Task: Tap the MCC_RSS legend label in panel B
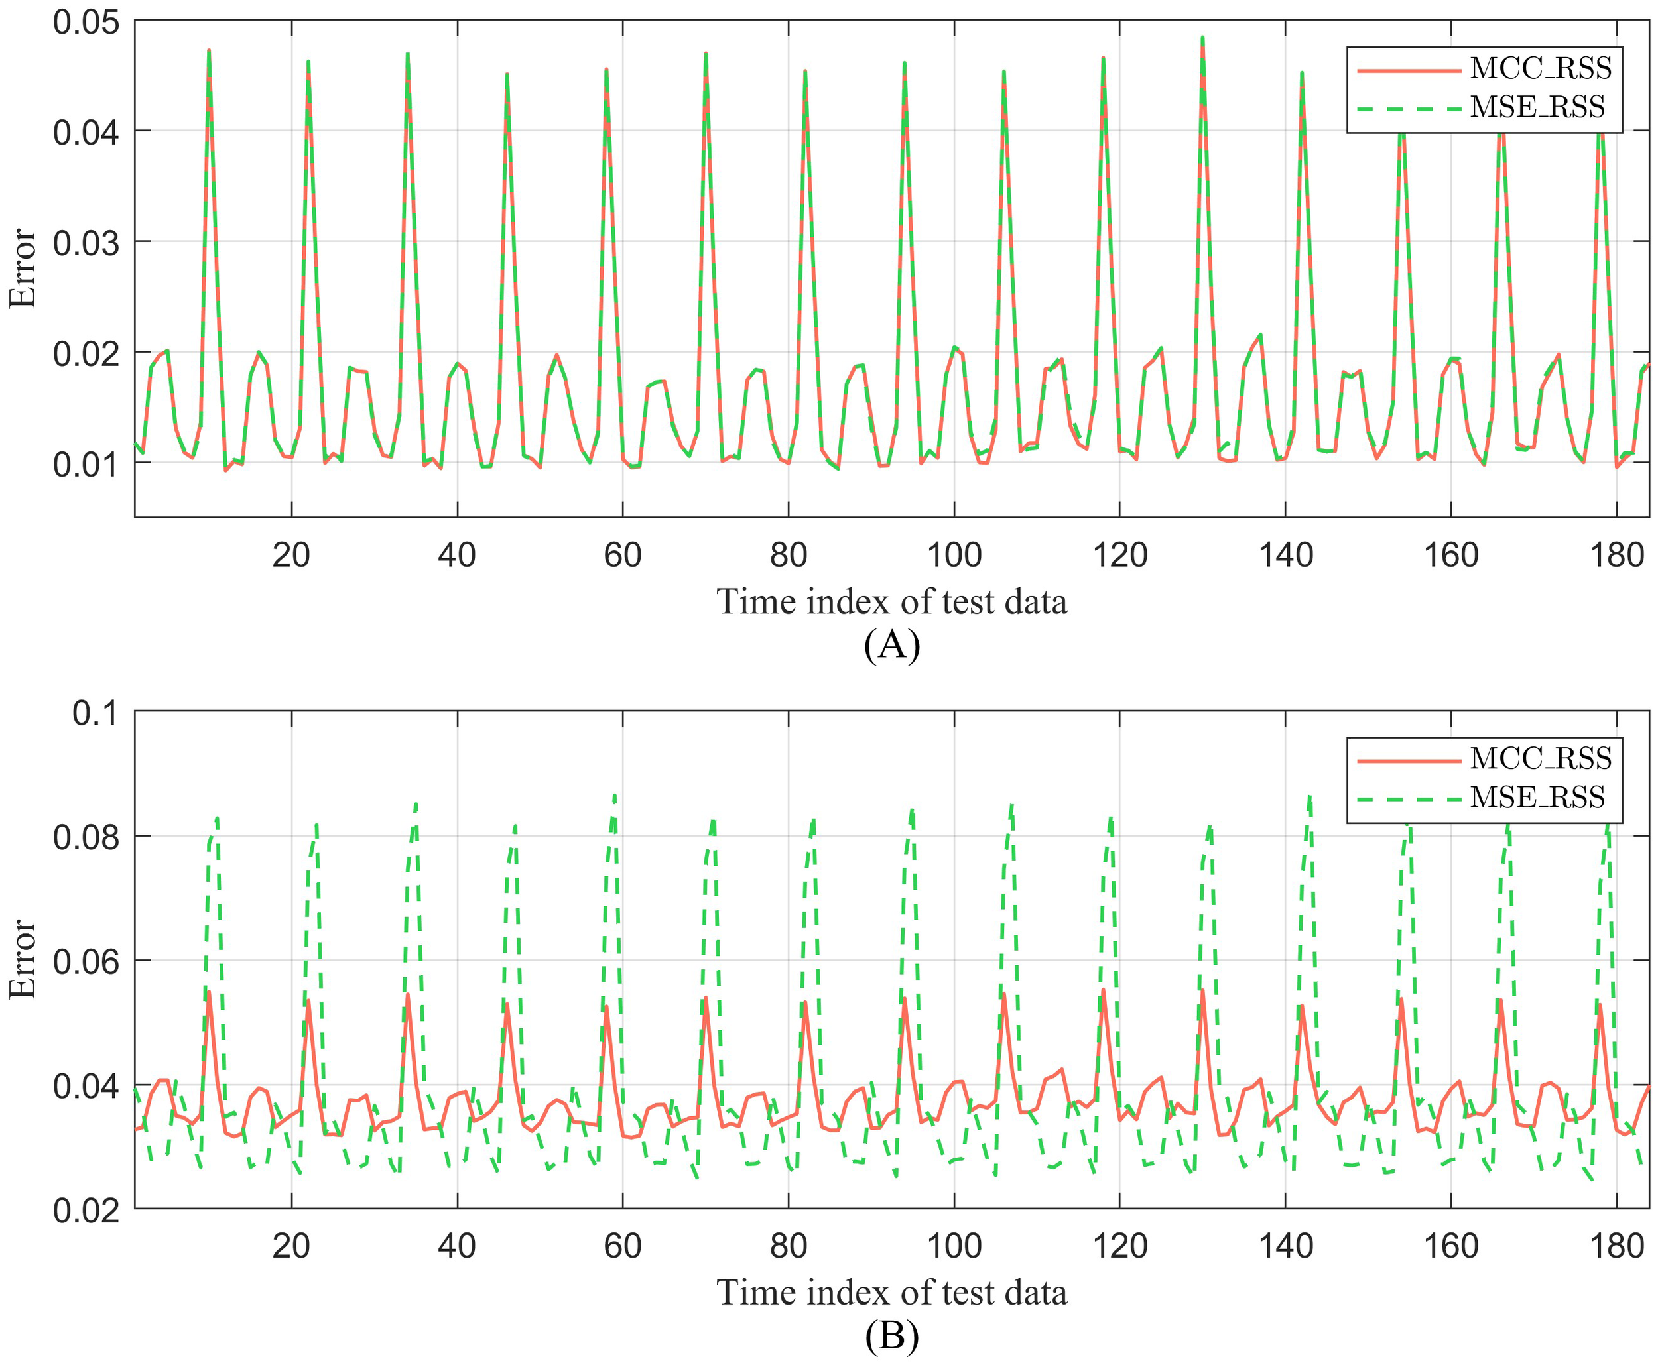pos(1541,758)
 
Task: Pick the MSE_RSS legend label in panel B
pos(1537,797)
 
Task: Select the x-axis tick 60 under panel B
pos(622,1246)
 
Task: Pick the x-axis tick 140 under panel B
pos(1285,1246)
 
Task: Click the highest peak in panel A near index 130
pos(1202,38)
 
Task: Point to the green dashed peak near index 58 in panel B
pos(614,796)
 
